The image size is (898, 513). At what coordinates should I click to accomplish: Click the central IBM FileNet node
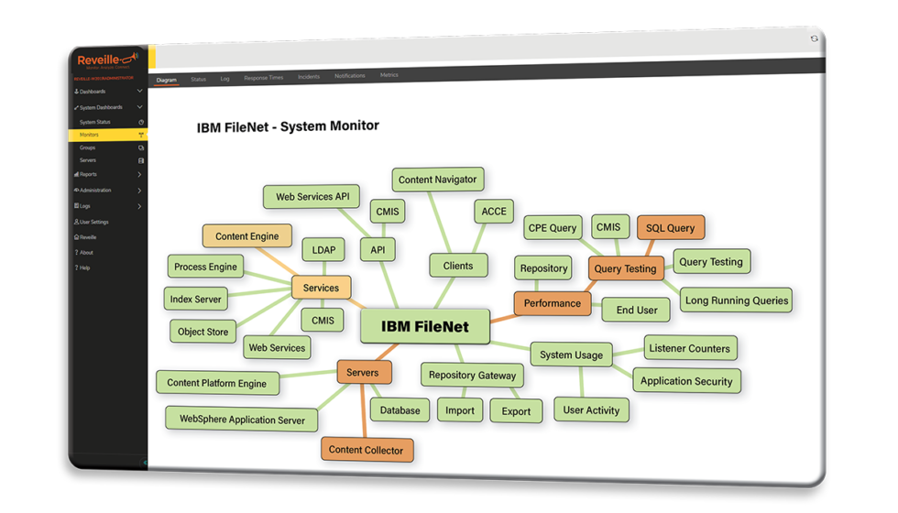(425, 327)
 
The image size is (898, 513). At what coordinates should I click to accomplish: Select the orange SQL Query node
(670, 228)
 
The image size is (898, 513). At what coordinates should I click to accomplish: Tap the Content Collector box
(367, 450)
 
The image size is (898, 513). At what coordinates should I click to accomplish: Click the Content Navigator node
(437, 180)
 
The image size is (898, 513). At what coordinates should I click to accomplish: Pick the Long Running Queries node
(737, 300)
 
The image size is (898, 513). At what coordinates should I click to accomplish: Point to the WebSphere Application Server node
(242, 419)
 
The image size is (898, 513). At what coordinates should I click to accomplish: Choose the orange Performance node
(553, 303)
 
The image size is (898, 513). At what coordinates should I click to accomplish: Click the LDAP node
(323, 249)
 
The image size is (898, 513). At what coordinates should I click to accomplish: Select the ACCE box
(494, 212)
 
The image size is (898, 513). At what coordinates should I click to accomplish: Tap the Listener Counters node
(689, 348)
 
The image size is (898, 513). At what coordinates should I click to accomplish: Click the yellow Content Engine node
(246, 236)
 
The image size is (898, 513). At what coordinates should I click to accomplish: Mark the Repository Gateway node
(472, 375)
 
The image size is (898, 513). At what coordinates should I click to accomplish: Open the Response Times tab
(263, 79)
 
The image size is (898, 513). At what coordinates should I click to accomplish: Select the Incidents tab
(309, 77)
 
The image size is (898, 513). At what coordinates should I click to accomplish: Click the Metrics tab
(389, 75)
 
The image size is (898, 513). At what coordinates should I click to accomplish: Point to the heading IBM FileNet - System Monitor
(288, 126)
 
